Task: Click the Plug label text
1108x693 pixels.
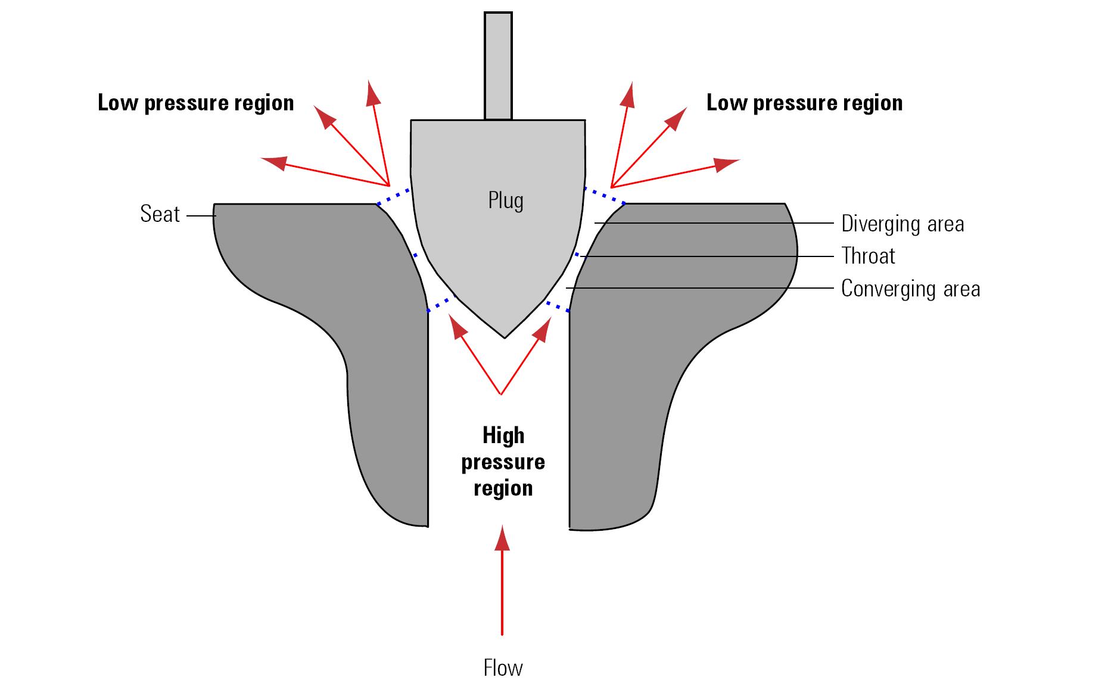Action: pyautogui.click(x=506, y=201)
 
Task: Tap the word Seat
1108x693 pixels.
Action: pyautogui.click(x=160, y=214)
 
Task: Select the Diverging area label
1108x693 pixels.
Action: pyautogui.click(x=902, y=224)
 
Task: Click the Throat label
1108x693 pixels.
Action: pyautogui.click(x=868, y=256)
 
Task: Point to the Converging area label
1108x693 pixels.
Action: pyautogui.click(x=910, y=289)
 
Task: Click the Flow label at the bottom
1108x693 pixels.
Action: pyautogui.click(x=503, y=668)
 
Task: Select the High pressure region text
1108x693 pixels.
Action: pyautogui.click(x=503, y=462)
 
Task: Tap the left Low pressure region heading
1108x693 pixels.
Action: pyautogui.click(x=196, y=103)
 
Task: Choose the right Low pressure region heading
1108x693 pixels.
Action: pyautogui.click(x=804, y=103)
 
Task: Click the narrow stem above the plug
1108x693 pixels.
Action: pyautogui.click(x=498, y=66)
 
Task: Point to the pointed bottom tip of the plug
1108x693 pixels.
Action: pyautogui.click(x=505, y=338)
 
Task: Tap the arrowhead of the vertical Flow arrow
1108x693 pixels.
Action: pyautogui.click(x=502, y=538)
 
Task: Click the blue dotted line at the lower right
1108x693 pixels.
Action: pyautogui.click(x=558, y=306)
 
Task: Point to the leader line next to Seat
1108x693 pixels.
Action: pyautogui.click(x=200, y=215)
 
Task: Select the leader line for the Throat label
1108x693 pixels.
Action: pyautogui.click(x=707, y=256)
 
